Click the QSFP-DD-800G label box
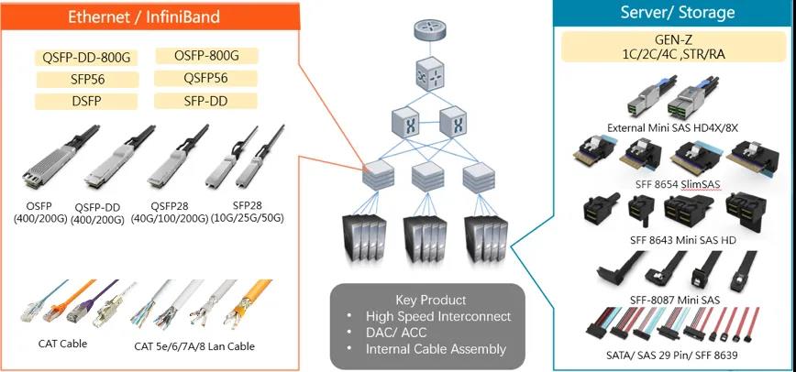[x=87, y=57]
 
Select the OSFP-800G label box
[x=206, y=55]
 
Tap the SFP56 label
[x=86, y=80]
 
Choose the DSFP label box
[x=86, y=101]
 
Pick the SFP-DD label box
[x=206, y=100]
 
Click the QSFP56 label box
[x=206, y=78]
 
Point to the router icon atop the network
[x=426, y=27]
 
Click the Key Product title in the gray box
[x=430, y=300]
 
